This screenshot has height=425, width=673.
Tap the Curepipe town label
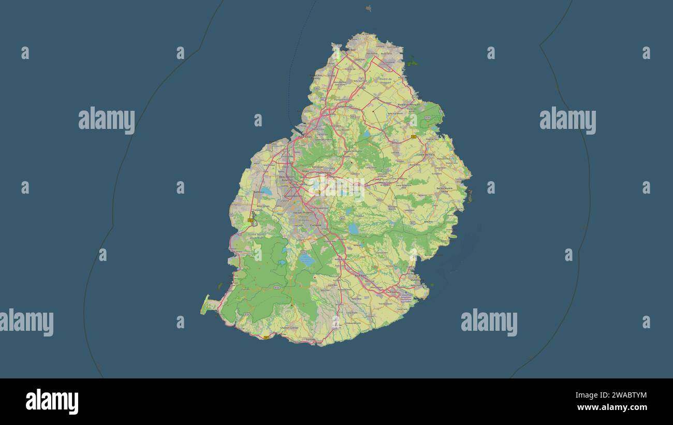click(x=315, y=226)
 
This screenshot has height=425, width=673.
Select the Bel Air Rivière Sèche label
click(x=444, y=188)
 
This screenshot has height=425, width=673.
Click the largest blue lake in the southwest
click(x=307, y=259)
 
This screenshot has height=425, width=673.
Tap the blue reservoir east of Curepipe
click(x=354, y=228)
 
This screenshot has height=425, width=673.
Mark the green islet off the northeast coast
click(x=413, y=64)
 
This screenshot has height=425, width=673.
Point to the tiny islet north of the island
click(x=368, y=8)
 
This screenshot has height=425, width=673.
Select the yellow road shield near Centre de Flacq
click(x=414, y=137)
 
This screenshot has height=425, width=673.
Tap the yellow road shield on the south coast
click(x=266, y=338)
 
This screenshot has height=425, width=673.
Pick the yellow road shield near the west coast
click(x=250, y=220)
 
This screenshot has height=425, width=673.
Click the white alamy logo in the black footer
click(x=52, y=402)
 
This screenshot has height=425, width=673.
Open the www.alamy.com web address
click(x=613, y=408)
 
